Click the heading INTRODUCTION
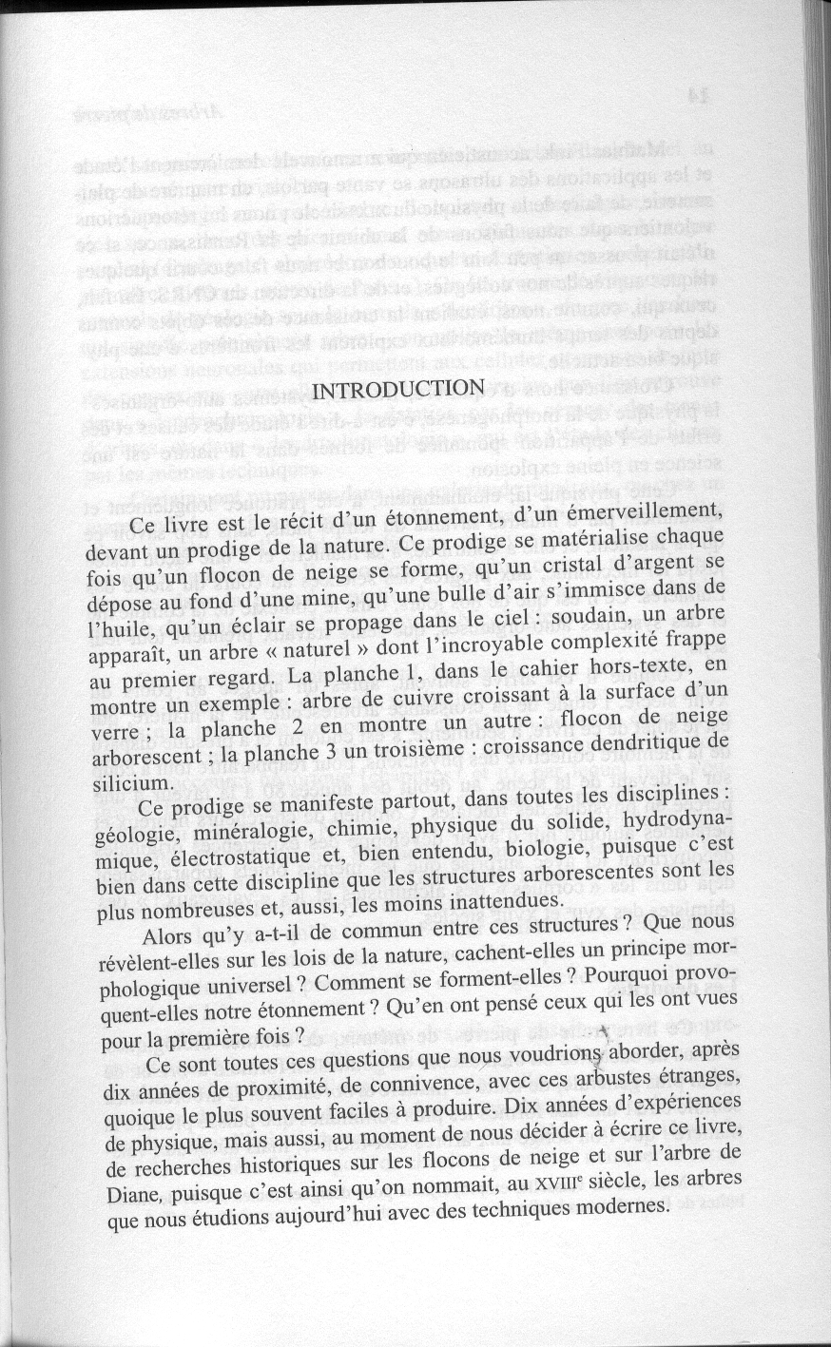[x=398, y=390]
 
